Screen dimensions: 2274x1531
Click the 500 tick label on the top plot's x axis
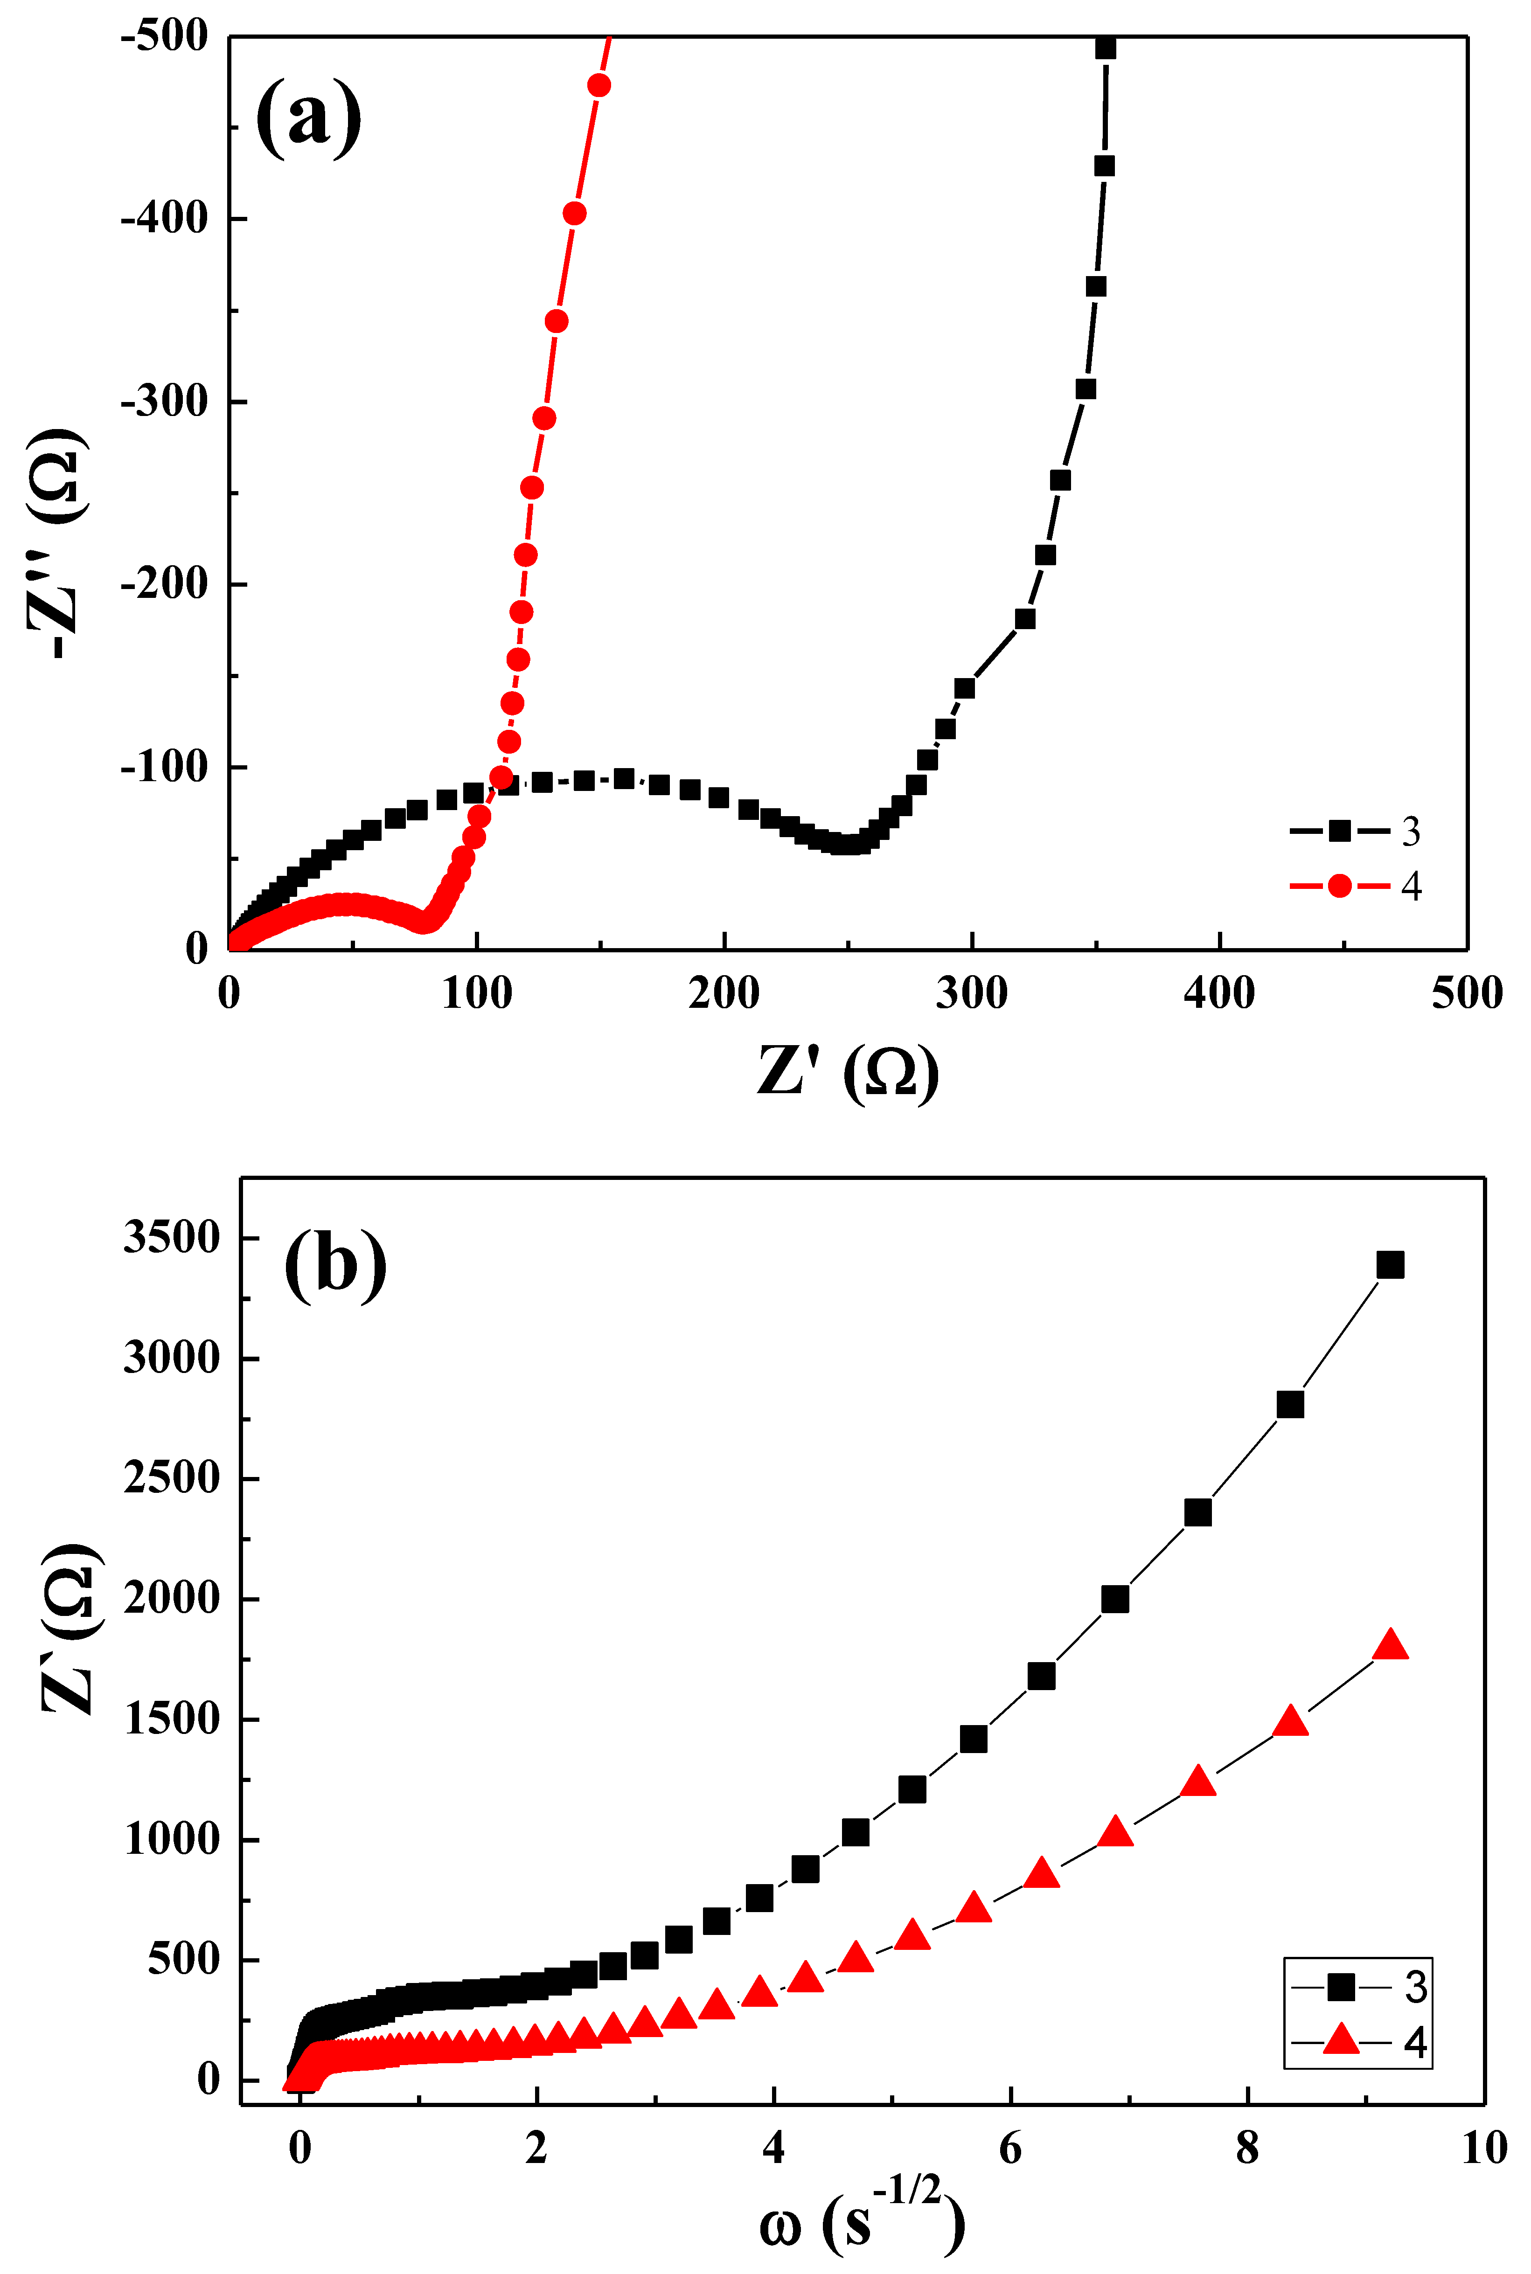tap(1467, 993)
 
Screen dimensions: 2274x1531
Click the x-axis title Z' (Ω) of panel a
tap(848, 1074)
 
